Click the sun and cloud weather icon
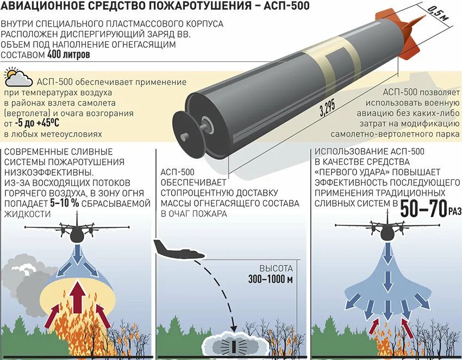pyautogui.click(x=18, y=78)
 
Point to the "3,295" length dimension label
pyautogui.click(x=327, y=110)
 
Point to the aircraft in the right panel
pyautogui.click(x=387, y=229)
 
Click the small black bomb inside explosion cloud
pyautogui.click(x=235, y=346)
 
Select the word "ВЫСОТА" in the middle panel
pyautogui.click(x=276, y=269)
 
